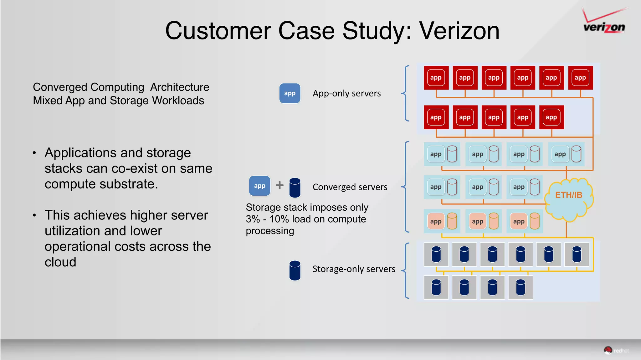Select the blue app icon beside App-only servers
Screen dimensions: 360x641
290,93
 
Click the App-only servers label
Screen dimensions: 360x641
346,94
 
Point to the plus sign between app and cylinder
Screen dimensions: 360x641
279,185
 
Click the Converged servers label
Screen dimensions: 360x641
350,187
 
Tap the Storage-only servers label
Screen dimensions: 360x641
354,269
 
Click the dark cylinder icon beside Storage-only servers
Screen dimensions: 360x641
295,270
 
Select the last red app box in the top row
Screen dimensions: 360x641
580,78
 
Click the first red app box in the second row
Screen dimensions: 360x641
436,117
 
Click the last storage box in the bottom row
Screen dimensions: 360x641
520,287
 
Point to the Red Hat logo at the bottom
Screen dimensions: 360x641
616,350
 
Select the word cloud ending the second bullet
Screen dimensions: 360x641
60,262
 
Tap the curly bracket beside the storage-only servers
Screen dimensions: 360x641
406,270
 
